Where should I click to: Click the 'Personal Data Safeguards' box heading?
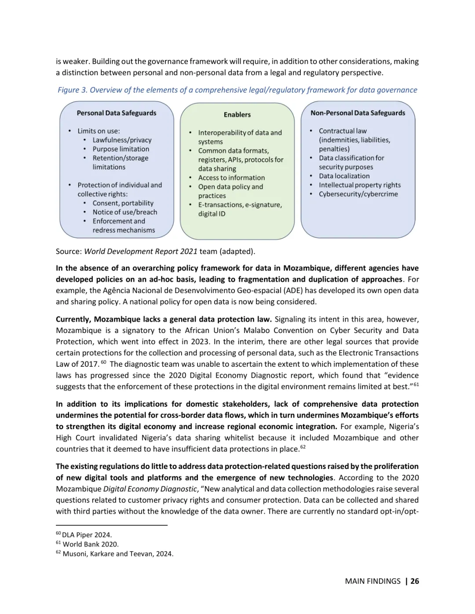(117, 113)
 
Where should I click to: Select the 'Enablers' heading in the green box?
(237, 115)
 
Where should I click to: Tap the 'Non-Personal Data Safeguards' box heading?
(358, 113)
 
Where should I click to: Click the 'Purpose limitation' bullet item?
(121, 149)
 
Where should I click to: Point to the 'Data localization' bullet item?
(344, 176)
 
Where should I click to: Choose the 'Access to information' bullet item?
(231, 177)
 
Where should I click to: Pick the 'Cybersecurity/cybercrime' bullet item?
(358, 194)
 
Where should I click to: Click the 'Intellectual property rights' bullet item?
(359, 185)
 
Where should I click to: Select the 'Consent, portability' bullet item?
(123, 203)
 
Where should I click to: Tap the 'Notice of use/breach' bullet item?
(124, 212)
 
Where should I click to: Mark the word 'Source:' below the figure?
(69, 251)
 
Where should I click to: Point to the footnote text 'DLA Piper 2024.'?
(87, 535)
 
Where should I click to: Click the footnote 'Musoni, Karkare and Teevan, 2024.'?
(118, 554)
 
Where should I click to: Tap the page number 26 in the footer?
(415, 581)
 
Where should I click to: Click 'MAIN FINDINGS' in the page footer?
(373, 581)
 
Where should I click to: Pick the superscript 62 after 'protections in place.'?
(303, 447)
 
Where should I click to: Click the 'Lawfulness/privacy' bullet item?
(122, 140)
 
